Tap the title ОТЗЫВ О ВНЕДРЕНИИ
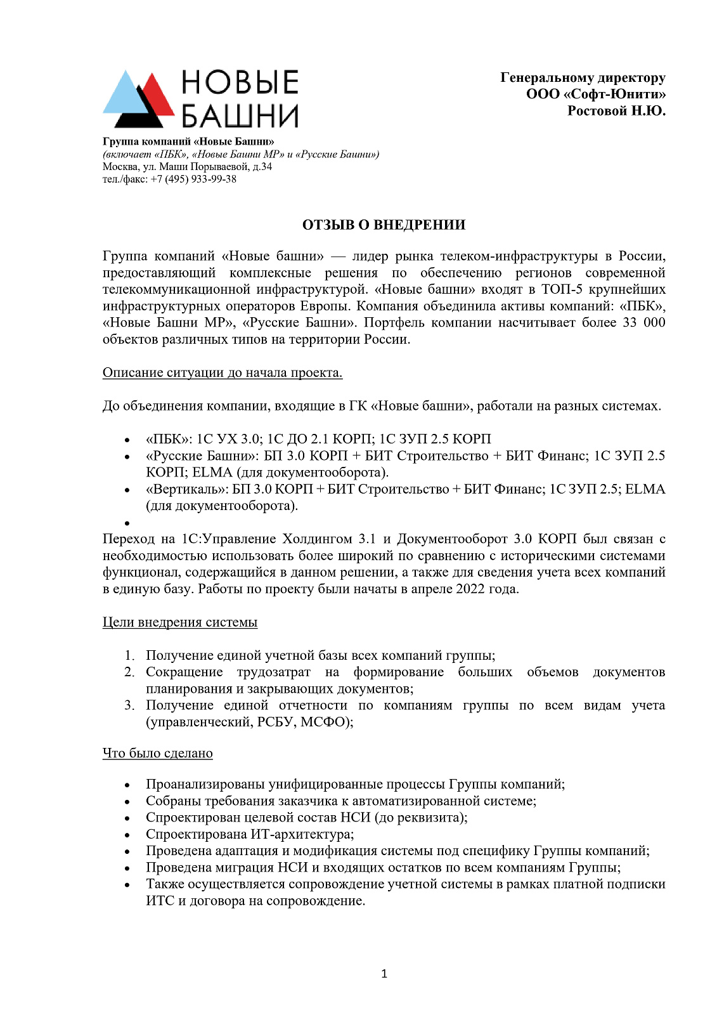(x=384, y=225)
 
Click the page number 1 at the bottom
(x=384, y=974)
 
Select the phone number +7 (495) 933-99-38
(x=193, y=180)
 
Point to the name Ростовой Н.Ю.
(x=616, y=111)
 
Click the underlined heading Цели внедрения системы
(x=180, y=622)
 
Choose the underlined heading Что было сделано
(x=158, y=753)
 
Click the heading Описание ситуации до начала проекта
(x=223, y=373)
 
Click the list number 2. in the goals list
(x=129, y=672)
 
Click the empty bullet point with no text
(x=127, y=523)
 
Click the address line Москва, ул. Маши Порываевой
(x=187, y=167)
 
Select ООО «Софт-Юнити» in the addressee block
(x=596, y=95)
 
